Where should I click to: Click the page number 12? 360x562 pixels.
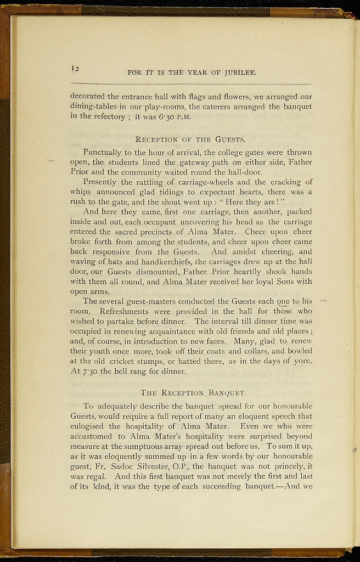76,68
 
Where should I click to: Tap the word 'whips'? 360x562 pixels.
81,192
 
